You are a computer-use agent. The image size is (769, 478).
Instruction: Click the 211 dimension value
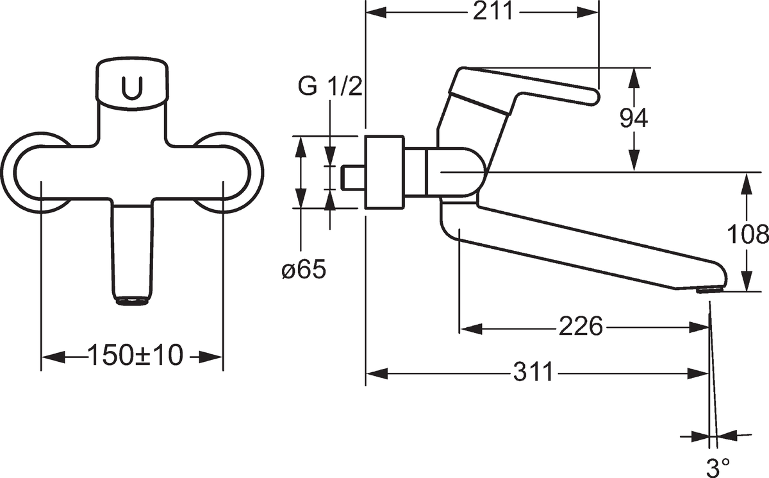pos(492,12)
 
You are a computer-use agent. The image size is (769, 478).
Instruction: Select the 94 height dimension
pos(634,118)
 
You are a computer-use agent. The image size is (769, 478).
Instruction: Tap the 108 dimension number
pos(748,235)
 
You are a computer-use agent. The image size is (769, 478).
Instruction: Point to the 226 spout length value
pos(581,326)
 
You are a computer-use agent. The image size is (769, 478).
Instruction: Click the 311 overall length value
pos(533,371)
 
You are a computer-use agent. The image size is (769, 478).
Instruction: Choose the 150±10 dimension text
pos(136,355)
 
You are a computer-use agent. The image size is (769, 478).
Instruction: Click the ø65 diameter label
pos(304,269)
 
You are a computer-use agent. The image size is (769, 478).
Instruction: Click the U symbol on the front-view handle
pos(132,88)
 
